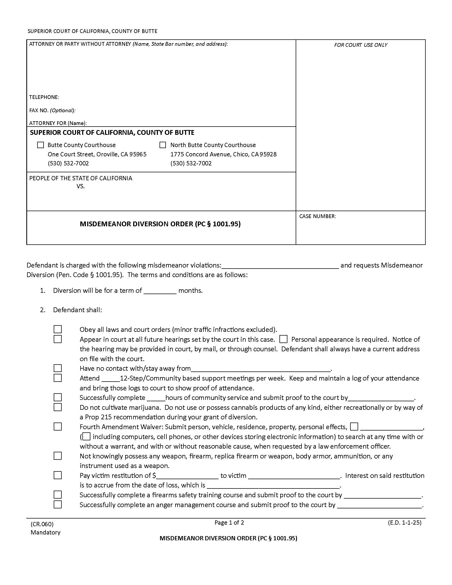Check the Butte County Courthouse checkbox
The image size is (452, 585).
pos(40,145)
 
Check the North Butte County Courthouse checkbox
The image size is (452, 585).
pos(162,145)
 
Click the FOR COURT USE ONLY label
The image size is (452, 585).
pos(361,45)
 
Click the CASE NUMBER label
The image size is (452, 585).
pos(317,216)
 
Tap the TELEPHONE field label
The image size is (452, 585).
pos(44,97)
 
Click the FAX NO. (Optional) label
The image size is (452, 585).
pos(52,110)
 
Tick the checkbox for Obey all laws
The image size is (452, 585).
pos(58,329)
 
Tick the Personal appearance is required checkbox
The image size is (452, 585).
pos(283,339)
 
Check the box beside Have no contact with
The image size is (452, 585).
pos(58,368)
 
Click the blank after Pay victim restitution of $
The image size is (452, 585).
pos(187,476)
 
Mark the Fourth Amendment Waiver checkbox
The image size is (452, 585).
pos(58,427)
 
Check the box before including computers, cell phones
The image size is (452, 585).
pos(86,436)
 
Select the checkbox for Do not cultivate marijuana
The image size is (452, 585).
pos(58,407)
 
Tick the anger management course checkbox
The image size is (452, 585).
pos(58,504)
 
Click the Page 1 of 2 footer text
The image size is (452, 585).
pos(229,522)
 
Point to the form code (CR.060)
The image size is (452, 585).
pos(42,524)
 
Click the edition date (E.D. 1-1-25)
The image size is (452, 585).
pos(405,522)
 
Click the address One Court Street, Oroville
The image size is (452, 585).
pos(97,154)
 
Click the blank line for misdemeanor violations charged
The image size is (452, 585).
pos(280,266)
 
